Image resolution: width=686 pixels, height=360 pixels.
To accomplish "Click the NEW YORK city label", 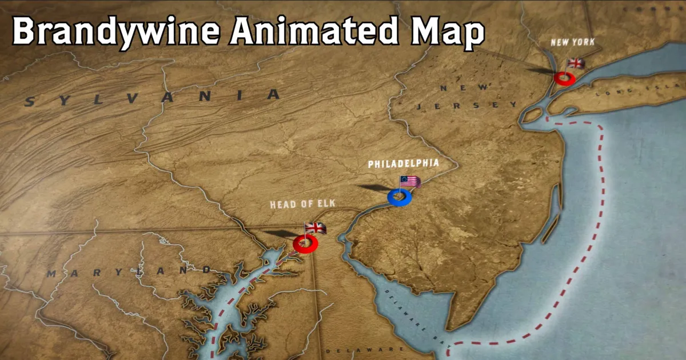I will [572, 42].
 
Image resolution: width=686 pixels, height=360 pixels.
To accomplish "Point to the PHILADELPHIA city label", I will [404, 164].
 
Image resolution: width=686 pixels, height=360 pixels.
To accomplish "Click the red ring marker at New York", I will [565, 79].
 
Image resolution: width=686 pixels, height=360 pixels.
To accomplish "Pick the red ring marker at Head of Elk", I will [305, 245].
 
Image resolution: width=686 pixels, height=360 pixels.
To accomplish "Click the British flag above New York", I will [576, 63].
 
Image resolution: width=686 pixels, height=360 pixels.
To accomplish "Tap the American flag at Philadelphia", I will [410, 182].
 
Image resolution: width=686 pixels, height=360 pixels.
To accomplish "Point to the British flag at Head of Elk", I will [316, 228].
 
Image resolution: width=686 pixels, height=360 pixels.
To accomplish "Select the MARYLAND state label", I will [129, 271].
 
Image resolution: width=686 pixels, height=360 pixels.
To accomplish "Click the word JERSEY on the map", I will [466, 106].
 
